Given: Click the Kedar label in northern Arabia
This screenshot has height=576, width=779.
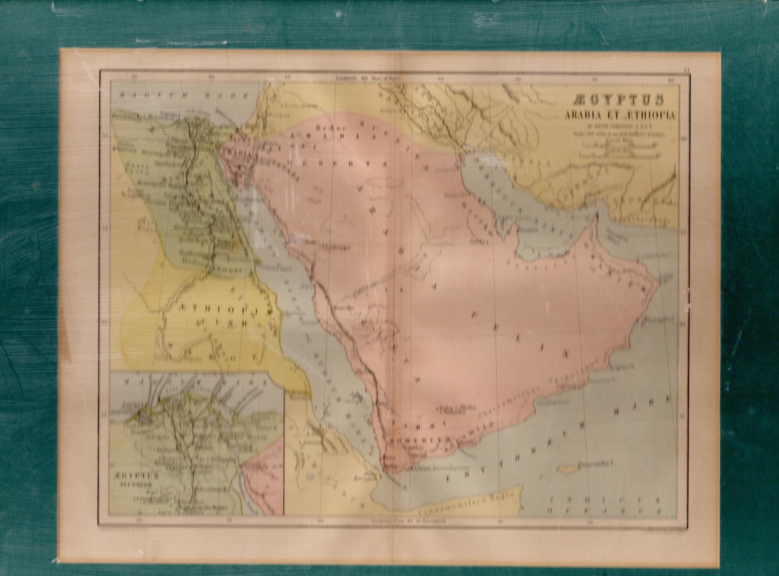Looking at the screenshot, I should (x=327, y=127).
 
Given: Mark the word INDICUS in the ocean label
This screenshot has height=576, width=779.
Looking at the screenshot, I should (x=605, y=500).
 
